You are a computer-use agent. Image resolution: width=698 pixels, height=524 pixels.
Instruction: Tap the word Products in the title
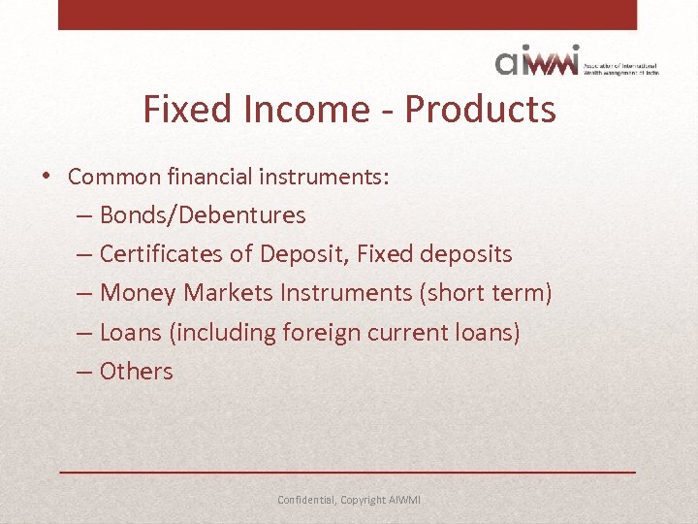(480, 110)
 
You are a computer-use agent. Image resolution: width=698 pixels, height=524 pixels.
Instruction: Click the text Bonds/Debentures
(203, 215)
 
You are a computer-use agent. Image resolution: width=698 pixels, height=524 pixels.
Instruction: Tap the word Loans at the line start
(131, 333)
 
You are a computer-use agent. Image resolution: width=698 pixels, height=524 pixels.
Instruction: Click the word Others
(136, 372)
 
